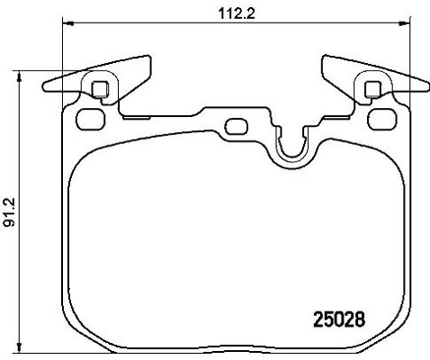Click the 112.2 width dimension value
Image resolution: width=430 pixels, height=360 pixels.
tap(237, 13)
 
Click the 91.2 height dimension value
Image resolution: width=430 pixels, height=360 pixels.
tap(10, 213)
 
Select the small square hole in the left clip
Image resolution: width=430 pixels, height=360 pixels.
tap(100, 89)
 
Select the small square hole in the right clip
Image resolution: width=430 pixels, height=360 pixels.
tap(373, 89)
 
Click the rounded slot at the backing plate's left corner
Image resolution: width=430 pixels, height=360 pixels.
tap(91, 120)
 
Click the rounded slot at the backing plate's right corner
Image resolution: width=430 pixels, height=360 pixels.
tap(382, 120)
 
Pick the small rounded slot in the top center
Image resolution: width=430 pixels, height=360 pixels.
tap(237, 126)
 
